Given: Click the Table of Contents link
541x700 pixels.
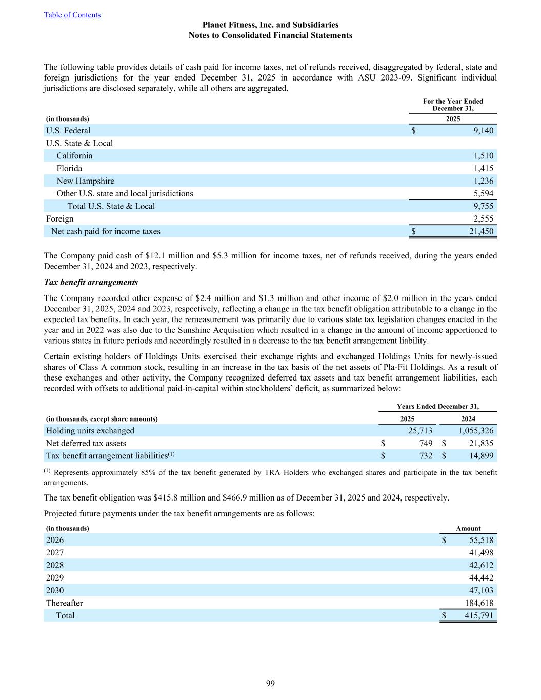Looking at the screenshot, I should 72,15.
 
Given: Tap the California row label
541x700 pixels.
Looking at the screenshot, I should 74,156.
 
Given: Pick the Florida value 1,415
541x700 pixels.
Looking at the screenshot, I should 484,168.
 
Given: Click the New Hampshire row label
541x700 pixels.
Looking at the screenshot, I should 85,181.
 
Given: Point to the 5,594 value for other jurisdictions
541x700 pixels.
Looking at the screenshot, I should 484,194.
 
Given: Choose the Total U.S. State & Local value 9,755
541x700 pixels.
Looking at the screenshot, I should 484,206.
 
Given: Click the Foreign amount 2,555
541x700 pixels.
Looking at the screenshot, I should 484,219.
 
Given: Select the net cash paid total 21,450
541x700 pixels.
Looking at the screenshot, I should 481,231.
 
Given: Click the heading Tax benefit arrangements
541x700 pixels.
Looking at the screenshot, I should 91,282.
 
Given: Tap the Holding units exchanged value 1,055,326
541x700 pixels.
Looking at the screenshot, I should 476,431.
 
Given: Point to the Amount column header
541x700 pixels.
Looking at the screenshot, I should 468,528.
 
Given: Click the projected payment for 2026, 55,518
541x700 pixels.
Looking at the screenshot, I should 481,540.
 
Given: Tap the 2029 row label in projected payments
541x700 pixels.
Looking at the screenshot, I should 55,578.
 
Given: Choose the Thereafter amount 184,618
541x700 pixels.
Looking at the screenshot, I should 478,603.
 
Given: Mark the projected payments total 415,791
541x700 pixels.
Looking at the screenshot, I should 478,616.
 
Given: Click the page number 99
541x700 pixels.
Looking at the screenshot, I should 270,683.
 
